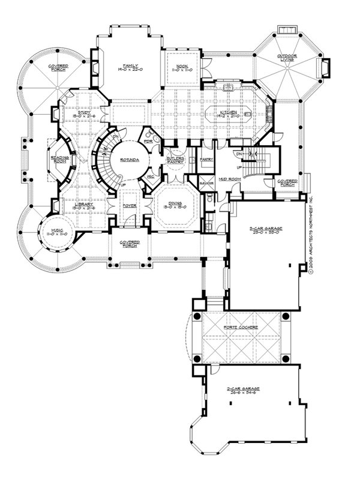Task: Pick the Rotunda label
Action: pyautogui.click(x=127, y=160)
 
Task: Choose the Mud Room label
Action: pyautogui.click(x=226, y=179)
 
